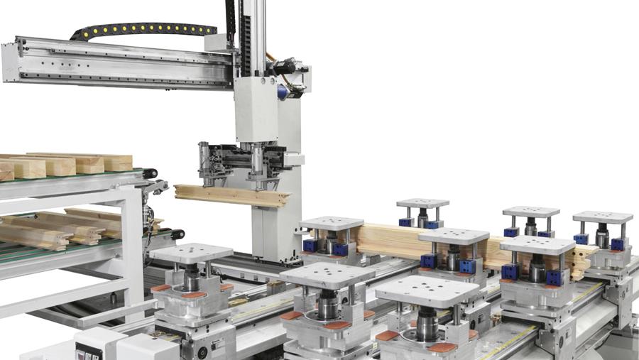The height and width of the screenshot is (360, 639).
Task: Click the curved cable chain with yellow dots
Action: coord(142,29)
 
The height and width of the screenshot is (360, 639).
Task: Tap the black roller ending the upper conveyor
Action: coord(149,173)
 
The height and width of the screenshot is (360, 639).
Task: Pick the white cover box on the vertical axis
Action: coord(256,109)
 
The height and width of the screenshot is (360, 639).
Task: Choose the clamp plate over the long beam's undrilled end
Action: coord(332,223)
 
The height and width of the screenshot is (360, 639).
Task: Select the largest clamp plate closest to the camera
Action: coord(427,291)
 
